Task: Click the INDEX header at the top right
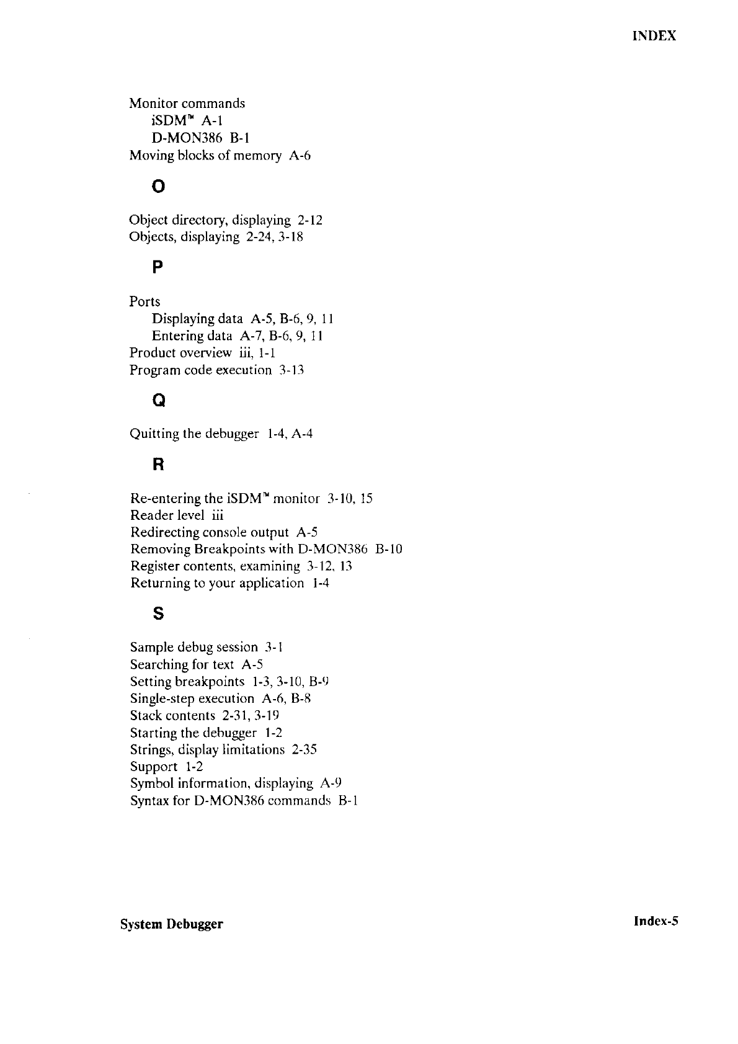(x=654, y=35)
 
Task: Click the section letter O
(x=159, y=186)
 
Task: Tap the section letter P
(x=158, y=268)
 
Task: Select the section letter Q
(x=159, y=401)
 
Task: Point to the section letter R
(x=158, y=465)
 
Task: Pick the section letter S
(x=158, y=614)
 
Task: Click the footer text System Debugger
(x=172, y=924)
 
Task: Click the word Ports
(x=144, y=301)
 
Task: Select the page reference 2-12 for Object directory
(x=310, y=220)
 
